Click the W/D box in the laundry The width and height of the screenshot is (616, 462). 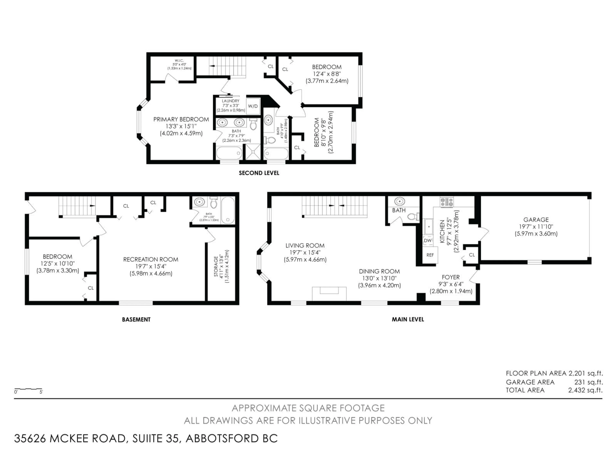tap(253, 106)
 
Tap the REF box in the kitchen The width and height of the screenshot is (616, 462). tap(430, 255)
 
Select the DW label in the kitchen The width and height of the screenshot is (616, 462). tap(428, 240)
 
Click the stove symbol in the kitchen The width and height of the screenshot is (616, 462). tap(446, 202)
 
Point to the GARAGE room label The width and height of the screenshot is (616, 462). tap(536, 220)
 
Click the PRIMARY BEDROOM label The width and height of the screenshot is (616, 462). tap(181, 120)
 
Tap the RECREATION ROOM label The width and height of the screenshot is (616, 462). tap(151, 260)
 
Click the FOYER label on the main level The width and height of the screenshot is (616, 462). tap(451, 277)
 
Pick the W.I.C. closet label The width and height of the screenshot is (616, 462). tap(179, 60)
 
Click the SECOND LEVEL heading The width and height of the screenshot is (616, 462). tap(259, 173)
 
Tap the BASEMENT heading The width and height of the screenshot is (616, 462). tap(136, 319)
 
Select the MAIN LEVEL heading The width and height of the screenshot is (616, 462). tap(408, 319)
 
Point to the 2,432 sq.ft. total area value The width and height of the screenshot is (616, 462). tap(585, 390)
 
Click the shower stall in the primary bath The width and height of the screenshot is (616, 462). tap(253, 152)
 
